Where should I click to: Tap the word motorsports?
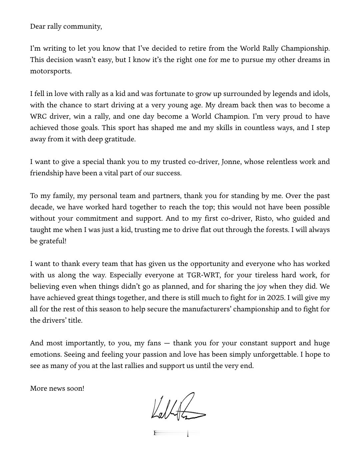51,71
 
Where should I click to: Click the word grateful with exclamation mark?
53,241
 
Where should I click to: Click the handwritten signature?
178,407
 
